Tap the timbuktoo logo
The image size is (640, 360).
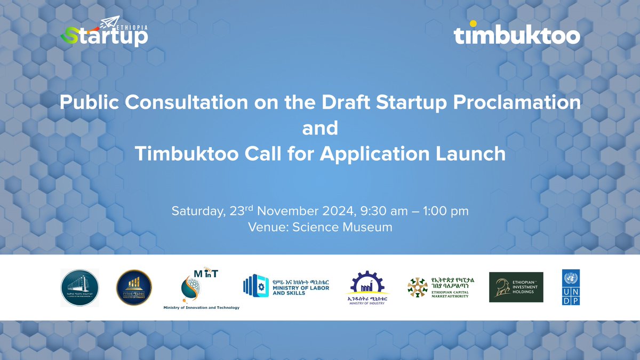517,36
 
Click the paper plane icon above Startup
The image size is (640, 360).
108,22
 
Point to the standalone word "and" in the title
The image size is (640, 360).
320,129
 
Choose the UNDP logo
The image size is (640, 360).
570,287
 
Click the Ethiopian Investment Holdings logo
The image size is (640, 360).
516,287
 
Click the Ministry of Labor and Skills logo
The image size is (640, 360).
286,286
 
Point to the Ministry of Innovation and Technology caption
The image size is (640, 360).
201,308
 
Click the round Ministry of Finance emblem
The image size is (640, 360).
134,287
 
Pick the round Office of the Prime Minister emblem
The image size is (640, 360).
79,288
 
